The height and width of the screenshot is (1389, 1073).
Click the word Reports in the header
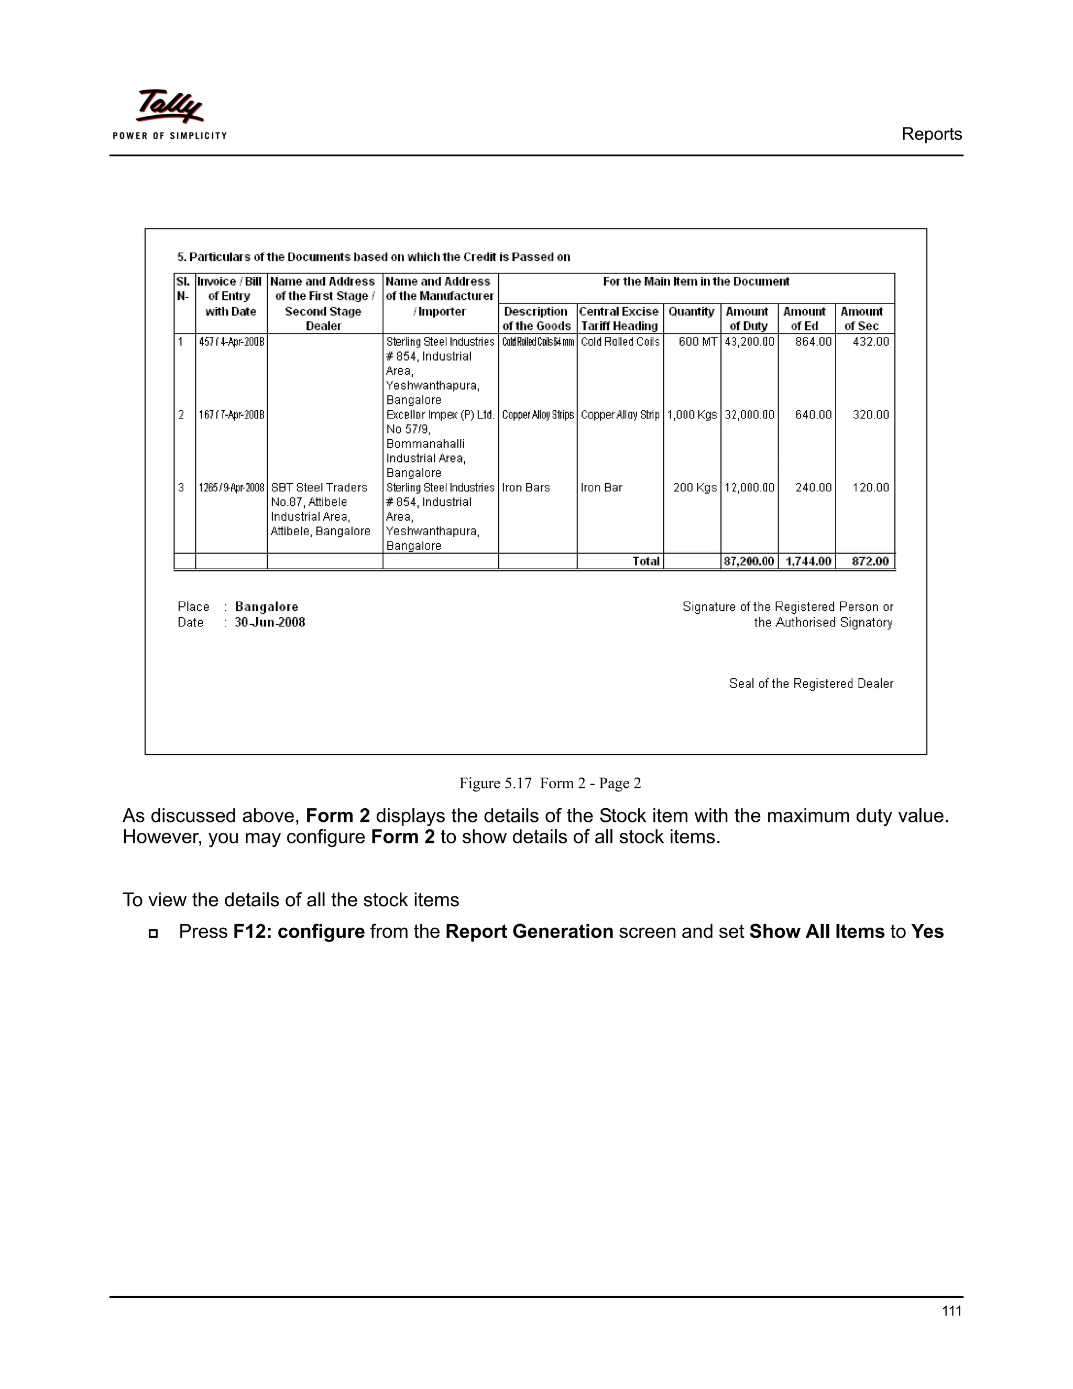click(x=931, y=134)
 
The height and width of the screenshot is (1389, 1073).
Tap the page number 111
click(x=951, y=1311)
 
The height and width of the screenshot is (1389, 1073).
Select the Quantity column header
click(x=691, y=312)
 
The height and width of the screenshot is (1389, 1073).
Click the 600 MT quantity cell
click(x=697, y=342)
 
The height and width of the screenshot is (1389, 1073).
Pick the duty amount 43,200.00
click(x=749, y=342)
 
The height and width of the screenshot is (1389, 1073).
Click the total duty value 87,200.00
click(x=749, y=561)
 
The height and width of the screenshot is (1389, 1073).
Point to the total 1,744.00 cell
click(x=807, y=561)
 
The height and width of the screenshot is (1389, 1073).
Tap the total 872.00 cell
click(x=870, y=561)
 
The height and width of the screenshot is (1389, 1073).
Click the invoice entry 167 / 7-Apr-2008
click(x=232, y=415)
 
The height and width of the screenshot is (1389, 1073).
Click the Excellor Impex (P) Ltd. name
click(x=440, y=415)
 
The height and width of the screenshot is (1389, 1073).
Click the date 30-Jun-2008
click(x=269, y=623)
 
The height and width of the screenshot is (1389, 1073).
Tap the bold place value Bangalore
click(x=266, y=607)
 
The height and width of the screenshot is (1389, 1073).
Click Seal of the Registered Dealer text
click(x=811, y=683)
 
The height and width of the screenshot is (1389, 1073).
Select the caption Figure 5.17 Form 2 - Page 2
click(x=550, y=784)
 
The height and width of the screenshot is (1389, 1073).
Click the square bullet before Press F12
click(x=152, y=934)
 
